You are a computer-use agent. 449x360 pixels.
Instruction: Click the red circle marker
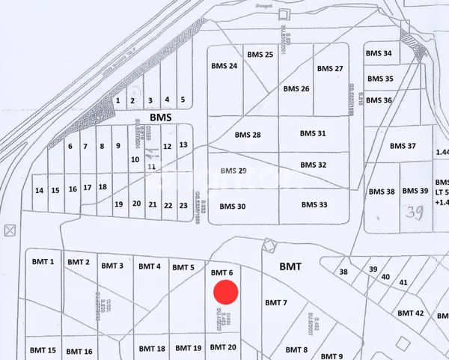[225, 293]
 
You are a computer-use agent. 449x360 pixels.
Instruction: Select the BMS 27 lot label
[329, 68]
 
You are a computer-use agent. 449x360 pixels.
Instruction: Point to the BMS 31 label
[313, 133]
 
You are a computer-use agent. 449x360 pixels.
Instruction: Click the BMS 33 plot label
[314, 204]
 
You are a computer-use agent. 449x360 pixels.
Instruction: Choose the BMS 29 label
[233, 171]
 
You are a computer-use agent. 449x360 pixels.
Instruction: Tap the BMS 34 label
[378, 53]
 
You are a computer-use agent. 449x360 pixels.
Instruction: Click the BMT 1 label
[43, 261]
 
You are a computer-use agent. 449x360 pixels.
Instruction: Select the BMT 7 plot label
[276, 302]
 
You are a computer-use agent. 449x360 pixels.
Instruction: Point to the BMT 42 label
[410, 313]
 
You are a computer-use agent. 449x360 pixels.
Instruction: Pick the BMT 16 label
[79, 351]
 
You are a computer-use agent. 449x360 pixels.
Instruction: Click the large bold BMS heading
[161, 118]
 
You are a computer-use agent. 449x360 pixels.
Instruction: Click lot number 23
[183, 204]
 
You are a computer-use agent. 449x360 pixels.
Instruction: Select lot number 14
[39, 190]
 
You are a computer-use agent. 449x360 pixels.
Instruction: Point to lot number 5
[183, 100]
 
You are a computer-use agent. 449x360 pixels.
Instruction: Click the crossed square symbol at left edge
[10, 230]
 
